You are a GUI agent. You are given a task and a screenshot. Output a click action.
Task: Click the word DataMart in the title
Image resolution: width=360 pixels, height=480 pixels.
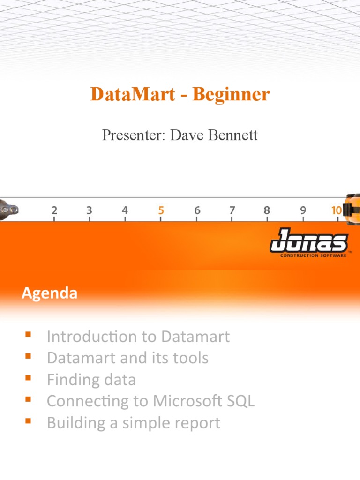coord(133,94)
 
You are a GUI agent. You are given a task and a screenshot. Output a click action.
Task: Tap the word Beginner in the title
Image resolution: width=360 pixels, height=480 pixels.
coord(231,95)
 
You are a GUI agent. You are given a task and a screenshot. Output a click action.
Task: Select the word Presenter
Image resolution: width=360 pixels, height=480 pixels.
coord(134,135)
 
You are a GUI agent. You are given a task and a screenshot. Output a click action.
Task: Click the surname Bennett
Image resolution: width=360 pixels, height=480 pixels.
coord(232,135)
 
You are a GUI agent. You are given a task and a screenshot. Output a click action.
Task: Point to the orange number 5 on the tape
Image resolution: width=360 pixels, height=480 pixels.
coord(161,210)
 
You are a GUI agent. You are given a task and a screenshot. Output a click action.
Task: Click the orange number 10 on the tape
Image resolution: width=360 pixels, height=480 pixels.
coord(337,210)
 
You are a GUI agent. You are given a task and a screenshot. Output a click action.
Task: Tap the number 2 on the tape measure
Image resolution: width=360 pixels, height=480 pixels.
coord(54,210)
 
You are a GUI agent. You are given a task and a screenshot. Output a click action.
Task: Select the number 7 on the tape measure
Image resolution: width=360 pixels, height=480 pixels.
coord(232,210)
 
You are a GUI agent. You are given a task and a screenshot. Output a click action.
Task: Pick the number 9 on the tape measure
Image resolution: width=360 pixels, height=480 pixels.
coord(303,210)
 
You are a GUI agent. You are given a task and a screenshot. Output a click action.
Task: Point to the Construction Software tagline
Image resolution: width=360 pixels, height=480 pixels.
coord(314,255)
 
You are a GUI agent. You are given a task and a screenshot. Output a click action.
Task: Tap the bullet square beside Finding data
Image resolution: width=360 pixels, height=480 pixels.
coord(28,378)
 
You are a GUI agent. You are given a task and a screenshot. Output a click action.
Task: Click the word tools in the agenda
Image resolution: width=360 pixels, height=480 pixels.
coord(191,358)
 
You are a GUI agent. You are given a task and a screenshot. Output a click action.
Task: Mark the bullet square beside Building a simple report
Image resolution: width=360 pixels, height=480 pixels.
coord(28,421)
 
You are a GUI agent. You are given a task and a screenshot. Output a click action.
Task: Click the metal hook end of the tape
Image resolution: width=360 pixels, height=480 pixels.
coord(9,210)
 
